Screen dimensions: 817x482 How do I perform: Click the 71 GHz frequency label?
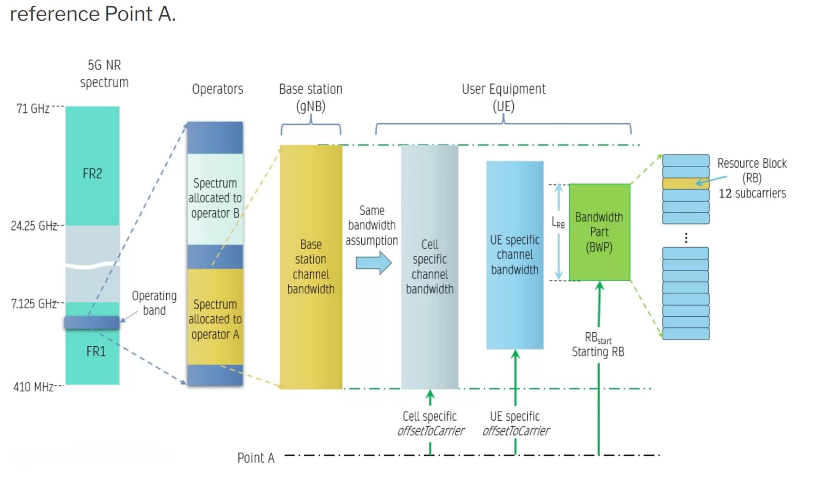pyautogui.click(x=33, y=109)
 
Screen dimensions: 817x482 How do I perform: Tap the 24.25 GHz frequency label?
pyautogui.click(x=34, y=226)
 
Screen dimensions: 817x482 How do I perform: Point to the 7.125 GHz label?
pyautogui.click(x=34, y=304)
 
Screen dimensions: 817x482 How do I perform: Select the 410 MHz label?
pyautogui.click(x=33, y=387)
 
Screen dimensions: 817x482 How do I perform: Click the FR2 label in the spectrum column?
pyautogui.click(x=92, y=174)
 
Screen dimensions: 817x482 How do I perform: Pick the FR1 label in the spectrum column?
pyautogui.click(x=96, y=351)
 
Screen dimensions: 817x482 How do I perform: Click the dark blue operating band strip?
pyautogui.click(x=91, y=322)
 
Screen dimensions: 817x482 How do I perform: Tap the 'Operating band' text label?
pyautogui.click(x=154, y=303)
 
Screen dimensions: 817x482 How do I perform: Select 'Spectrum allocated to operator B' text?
pyautogui.click(x=215, y=198)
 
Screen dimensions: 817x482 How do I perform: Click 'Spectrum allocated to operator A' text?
pyautogui.click(x=215, y=319)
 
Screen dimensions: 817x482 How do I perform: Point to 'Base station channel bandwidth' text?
pyautogui.click(x=311, y=267)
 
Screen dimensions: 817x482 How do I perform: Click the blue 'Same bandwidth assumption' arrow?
pyautogui.click(x=374, y=263)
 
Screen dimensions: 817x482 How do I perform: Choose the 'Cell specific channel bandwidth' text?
pyautogui.click(x=430, y=267)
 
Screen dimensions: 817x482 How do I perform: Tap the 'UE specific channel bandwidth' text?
pyautogui.click(x=515, y=255)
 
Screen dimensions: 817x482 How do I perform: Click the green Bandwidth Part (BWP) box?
pyautogui.click(x=600, y=232)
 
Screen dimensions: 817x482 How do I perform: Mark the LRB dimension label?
pyautogui.click(x=558, y=222)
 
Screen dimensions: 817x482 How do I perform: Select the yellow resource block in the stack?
pyautogui.click(x=686, y=184)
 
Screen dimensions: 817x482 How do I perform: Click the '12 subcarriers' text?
pyautogui.click(x=752, y=194)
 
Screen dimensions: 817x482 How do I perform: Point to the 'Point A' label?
pyautogui.click(x=256, y=458)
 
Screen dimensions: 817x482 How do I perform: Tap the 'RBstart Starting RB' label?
pyautogui.click(x=598, y=345)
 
